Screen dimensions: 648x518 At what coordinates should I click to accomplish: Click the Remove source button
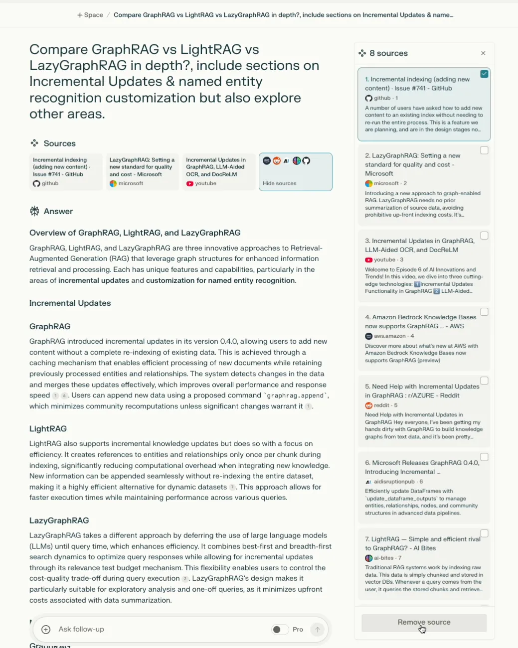point(424,623)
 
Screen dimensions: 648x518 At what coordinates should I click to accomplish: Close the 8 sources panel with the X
point(483,53)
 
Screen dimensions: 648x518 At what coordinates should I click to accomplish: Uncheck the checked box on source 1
point(484,74)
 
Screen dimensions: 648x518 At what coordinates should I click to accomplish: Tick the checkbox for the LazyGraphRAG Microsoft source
point(484,150)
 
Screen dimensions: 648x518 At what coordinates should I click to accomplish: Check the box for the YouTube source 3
point(484,236)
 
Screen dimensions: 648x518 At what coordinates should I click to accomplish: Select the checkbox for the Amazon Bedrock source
point(484,312)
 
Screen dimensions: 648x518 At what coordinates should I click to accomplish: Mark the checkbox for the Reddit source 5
point(484,381)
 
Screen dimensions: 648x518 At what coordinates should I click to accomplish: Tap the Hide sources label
point(280,183)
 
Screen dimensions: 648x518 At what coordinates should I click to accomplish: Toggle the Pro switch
point(280,630)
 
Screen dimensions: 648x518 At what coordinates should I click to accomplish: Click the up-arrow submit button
point(317,630)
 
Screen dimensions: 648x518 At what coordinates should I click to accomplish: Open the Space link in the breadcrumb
point(90,15)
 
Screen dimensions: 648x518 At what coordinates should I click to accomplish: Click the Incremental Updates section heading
point(70,303)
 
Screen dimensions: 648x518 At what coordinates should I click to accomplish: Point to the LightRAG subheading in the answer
point(48,428)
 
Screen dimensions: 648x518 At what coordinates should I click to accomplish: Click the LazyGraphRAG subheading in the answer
point(59,520)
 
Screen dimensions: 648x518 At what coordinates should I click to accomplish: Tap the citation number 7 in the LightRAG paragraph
point(232,487)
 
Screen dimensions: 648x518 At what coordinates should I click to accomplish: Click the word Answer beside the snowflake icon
point(58,211)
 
